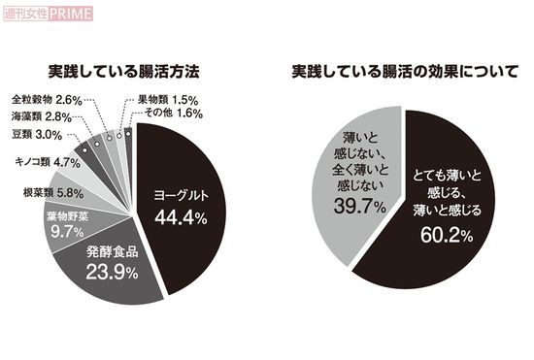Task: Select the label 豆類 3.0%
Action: tap(38, 135)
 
